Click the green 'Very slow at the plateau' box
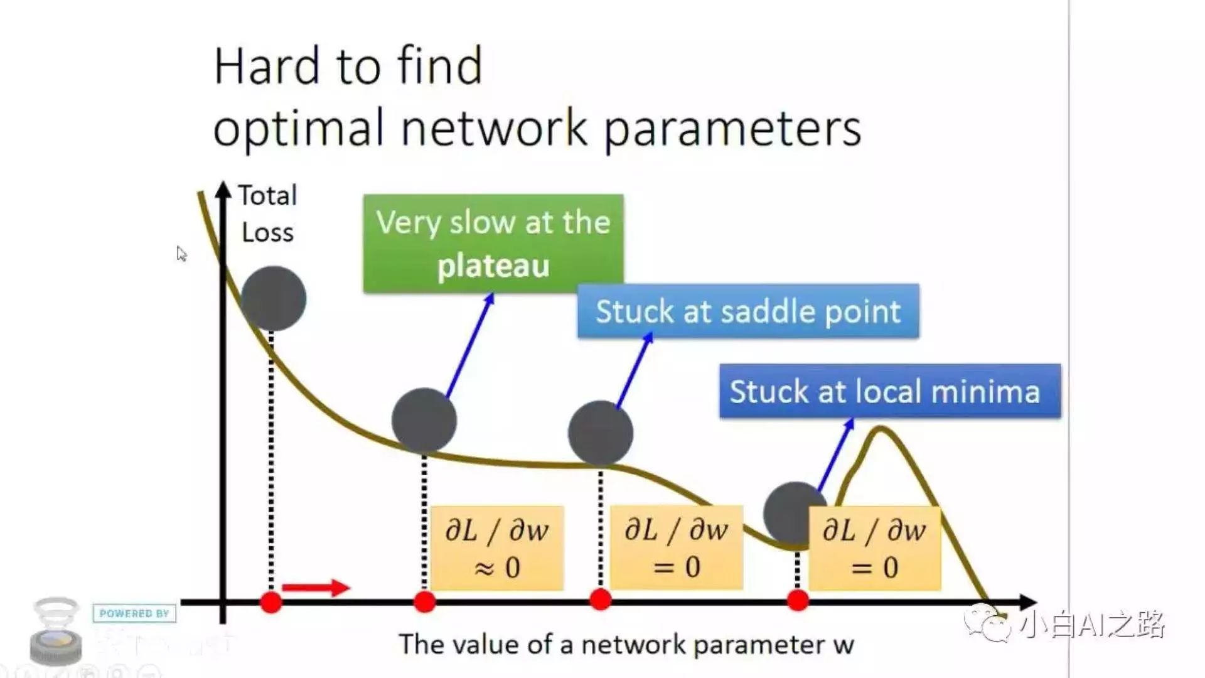click(493, 243)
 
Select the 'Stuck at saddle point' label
click(748, 311)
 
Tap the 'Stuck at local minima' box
click(889, 391)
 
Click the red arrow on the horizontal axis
click(316, 588)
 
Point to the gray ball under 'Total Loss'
click(274, 298)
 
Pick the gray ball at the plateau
click(424, 420)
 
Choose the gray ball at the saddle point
click(601, 433)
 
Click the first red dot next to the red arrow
click(271, 602)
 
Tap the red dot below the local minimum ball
click(798, 601)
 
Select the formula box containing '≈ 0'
click(497, 548)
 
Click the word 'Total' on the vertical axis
click(267, 196)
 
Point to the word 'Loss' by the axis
click(267, 233)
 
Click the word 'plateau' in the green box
click(493, 266)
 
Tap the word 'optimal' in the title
click(299, 129)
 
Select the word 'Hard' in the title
click(267, 66)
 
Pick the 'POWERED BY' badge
click(134, 613)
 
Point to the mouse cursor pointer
click(181, 253)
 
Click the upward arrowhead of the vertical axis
click(223, 188)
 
